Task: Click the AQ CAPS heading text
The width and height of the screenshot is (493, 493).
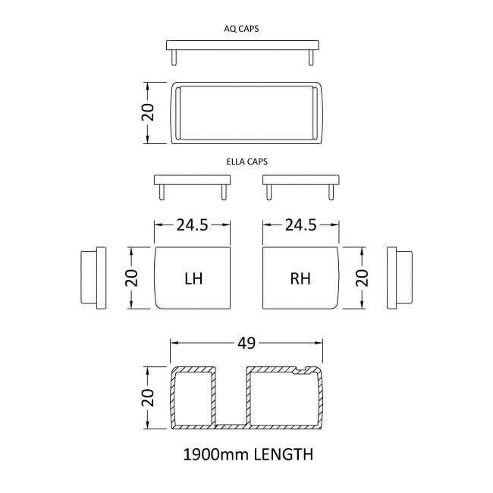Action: (246, 28)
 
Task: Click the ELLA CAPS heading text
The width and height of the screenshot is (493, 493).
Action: (246, 162)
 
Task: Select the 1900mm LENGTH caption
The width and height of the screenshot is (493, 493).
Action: (248, 455)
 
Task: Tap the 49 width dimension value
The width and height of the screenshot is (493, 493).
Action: (246, 344)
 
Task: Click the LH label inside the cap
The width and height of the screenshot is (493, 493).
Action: (193, 278)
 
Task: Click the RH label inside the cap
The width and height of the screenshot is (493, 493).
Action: (300, 278)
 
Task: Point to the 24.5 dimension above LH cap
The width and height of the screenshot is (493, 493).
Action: (193, 225)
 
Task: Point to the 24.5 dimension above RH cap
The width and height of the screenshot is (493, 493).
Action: (300, 225)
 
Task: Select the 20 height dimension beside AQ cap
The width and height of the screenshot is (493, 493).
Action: (149, 112)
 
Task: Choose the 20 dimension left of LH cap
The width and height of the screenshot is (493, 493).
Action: (131, 278)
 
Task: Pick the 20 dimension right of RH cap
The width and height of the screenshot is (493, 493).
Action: (362, 278)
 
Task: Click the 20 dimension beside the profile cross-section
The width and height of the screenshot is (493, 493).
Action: (149, 397)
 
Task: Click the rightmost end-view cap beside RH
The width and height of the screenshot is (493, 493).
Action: (400, 278)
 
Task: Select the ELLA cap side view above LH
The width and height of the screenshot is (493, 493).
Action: (193, 182)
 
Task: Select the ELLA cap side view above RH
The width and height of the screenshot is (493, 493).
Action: (300, 182)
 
